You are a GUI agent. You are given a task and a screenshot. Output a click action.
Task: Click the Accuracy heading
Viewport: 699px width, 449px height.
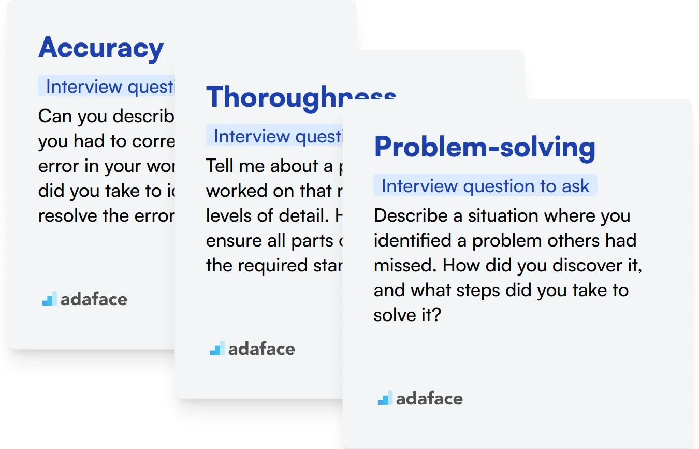(x=101, y=48)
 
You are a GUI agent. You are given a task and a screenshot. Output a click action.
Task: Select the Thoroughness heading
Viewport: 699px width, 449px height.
(x=300, y=97)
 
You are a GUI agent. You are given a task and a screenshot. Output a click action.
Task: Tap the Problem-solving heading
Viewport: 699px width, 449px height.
(x=485, y=147)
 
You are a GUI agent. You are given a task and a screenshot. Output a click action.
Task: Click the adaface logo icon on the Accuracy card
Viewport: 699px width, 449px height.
(x=49, y=299)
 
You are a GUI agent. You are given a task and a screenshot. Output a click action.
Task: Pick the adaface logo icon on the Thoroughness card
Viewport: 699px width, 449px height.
(x=217, y=349)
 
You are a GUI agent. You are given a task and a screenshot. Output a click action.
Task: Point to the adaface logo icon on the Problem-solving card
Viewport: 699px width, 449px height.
(x=385, y=398)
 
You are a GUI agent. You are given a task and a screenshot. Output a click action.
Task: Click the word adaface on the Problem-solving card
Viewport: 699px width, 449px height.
(x=429, y=399)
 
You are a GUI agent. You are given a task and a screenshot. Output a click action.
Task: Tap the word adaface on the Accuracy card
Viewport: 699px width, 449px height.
(x=94, y=299)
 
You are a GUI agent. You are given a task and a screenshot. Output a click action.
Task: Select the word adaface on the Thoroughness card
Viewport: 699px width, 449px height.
(x=261, y=349)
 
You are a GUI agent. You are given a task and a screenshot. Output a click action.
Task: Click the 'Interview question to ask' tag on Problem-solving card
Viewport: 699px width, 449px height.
(x=485, y=186)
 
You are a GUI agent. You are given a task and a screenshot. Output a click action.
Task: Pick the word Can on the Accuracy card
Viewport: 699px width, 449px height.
(x=55, y=117)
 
